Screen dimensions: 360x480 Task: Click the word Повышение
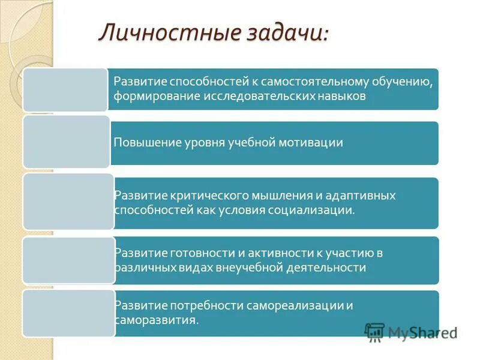click(x=143, y=142)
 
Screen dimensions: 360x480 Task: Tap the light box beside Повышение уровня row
click(x=66, y=142)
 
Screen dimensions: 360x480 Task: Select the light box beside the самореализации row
click(x=68, y=313)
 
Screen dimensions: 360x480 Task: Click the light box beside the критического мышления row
click(x=68, y=202)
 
